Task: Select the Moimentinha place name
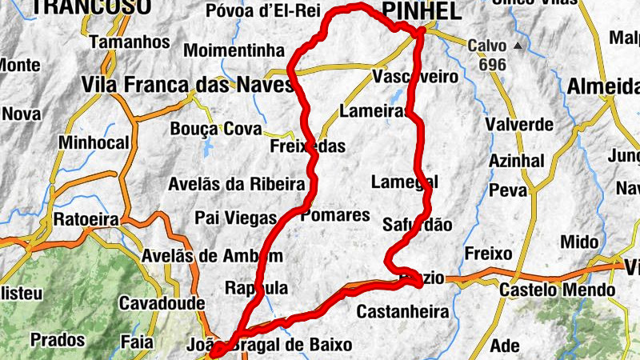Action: click(x=234, y=50)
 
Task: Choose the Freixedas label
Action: click(x=308, y=146)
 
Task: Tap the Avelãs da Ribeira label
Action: click(x=236, y=184)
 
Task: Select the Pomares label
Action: click(x=335, y=215)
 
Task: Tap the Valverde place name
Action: click(x=519, y=125)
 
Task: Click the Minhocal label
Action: click(x=94, y=142)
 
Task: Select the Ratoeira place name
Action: click(x=86, y=219)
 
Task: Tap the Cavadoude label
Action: click(x=162, y=304)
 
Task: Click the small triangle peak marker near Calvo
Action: click(x=518, y=46)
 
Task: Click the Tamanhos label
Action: click(x=130, y=42)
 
